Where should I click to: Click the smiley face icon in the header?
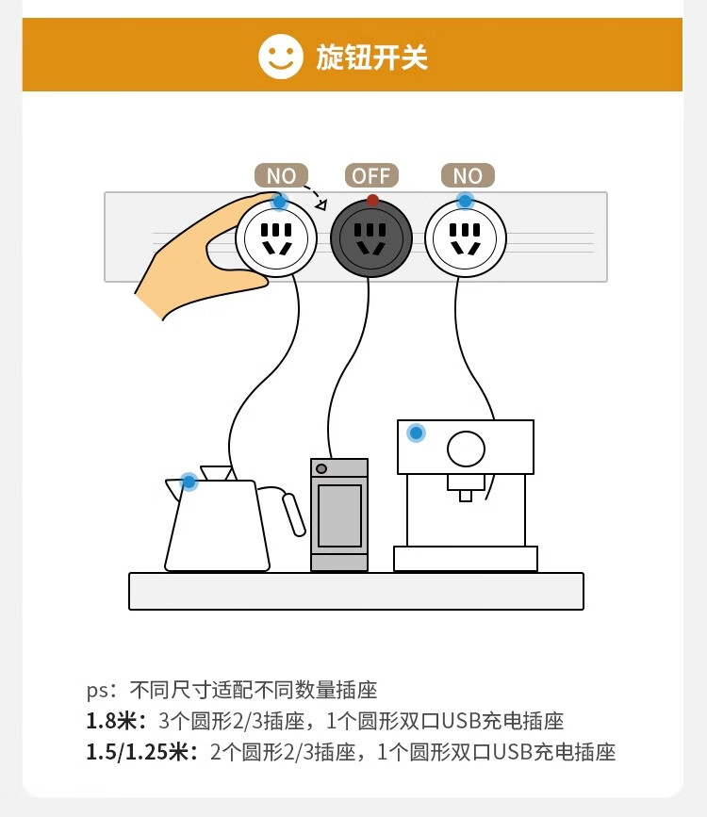(281, 57)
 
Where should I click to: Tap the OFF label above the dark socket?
(371, 175)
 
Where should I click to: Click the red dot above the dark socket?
(372, 200)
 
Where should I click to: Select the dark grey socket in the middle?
(371, 238)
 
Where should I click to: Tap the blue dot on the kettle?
(189, 482)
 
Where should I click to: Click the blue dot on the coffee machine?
(416, 433)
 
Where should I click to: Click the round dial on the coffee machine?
(466, 449)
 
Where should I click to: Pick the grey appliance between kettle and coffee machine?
(339, 515)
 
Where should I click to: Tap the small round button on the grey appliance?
(321, 468)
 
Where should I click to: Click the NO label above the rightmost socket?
(468, 175)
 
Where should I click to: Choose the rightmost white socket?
(465, 238)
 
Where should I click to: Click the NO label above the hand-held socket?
(281, 175)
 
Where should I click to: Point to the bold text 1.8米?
(116, 721)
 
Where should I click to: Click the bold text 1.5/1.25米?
(141, 752)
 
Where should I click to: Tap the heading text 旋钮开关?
(371, 57)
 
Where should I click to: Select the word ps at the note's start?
(97, 691)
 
